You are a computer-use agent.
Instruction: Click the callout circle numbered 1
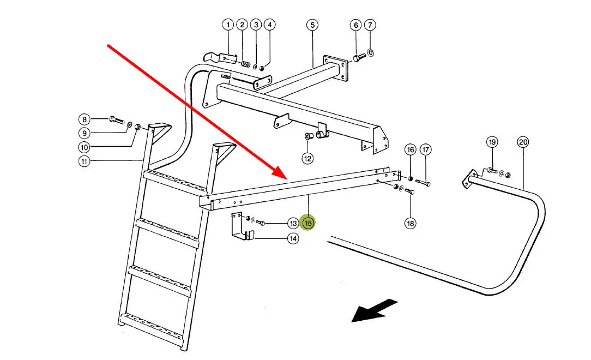pos(228,25)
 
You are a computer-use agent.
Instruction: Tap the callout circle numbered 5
pos(311,25)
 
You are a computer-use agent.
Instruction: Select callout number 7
pos(370,25)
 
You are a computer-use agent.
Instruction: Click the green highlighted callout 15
pos(309,223)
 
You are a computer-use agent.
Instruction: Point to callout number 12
pos(308,158)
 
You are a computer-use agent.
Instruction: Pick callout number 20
pos(523,143)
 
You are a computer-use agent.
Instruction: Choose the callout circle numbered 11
pos(84,161)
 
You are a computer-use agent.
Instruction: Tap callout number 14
pos(293,238)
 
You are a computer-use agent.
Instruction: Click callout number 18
pos(410,223)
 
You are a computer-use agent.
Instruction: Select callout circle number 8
pos(84,119)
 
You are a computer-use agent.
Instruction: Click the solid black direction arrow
pos(373,310)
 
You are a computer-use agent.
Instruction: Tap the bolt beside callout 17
pos(423,183)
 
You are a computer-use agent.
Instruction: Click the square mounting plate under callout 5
pos(334,68)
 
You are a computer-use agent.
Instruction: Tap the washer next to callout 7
pos(371,52)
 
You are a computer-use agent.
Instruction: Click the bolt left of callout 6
pos(358,57)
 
